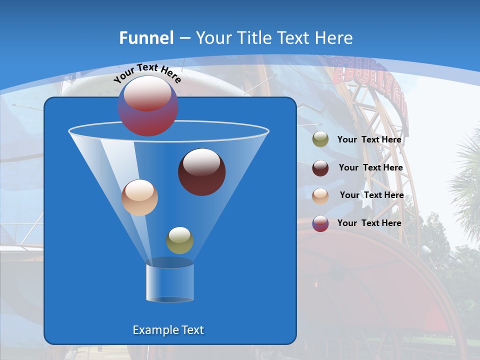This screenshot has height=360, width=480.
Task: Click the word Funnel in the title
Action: click(x=146, y=37)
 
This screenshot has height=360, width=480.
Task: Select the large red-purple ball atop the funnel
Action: click(x=147, y=106)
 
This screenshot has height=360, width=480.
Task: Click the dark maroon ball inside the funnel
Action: click(x=201, y=172)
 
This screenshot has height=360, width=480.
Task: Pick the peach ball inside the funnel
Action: click(x=139, y=197)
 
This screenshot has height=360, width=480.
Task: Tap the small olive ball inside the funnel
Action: click(x=179, y=240)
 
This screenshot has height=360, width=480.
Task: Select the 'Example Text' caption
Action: click(x=168, y=330)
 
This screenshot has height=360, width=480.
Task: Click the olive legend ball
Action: click(x=320, y=139)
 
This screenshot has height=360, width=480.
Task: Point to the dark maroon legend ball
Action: click(x=320, y=168)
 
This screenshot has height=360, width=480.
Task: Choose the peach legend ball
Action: click(x=320, y=196)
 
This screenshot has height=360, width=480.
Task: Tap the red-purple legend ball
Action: click(x=320, y=223)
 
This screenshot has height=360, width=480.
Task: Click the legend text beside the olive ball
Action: click(x=369, y=139)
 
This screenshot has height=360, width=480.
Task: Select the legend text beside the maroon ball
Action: click(x=370, y=167)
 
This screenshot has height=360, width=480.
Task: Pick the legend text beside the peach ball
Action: click(x=371, y=195)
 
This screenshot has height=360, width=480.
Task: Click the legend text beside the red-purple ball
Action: click(x=369, y=223)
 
